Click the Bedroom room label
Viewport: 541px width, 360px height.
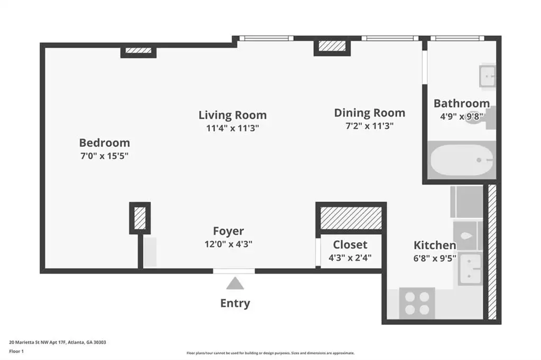105,143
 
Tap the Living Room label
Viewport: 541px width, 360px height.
232,115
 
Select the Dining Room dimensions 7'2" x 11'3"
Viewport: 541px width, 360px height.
369,126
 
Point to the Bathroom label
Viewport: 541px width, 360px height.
462,103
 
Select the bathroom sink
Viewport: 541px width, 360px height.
487,76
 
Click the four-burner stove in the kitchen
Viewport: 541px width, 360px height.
417,303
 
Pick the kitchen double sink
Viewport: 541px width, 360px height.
470,270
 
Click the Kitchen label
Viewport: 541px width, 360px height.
435,245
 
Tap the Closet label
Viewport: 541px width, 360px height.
350,244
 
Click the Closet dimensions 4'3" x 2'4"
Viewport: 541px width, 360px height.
350,258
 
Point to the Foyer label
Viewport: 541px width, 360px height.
228,231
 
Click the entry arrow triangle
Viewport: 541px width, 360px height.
235,283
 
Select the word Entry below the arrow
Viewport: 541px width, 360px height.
235,304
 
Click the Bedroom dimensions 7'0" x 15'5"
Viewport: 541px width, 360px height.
105,156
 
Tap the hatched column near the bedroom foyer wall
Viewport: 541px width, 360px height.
139,218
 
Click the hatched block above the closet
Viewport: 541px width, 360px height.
351,218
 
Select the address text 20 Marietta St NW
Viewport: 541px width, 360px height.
28,343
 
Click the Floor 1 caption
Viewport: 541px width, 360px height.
16,352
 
